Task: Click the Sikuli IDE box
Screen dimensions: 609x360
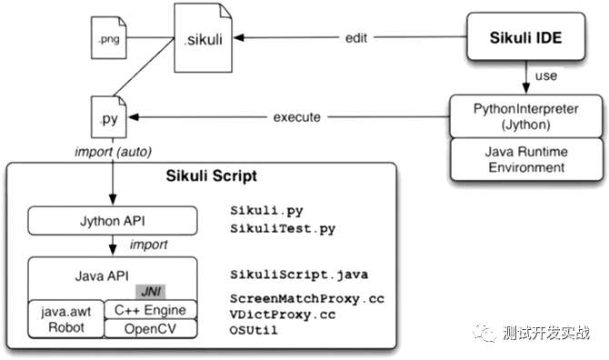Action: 526,36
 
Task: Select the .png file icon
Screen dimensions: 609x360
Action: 109,37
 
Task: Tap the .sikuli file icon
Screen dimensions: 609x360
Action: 203,37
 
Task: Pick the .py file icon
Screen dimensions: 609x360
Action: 109,117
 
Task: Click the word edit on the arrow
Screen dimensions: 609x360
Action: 356,38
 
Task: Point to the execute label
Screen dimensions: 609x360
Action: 297,117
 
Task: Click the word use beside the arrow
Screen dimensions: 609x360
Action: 546,76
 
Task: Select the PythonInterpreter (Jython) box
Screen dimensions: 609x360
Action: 526,116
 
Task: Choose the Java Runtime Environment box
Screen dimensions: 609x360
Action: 526,159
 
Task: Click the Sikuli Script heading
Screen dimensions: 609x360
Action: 211,176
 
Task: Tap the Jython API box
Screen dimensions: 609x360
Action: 113,221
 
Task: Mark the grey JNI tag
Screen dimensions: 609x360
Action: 150,292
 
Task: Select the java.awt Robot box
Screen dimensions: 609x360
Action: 66,319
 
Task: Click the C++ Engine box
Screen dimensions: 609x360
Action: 150,310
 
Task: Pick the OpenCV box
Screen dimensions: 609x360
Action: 150,329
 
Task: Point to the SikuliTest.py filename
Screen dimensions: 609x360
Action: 283,228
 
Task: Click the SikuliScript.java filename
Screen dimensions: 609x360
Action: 299,275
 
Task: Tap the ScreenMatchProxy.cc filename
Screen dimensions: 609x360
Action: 307,299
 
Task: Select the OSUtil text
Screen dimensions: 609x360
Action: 254,330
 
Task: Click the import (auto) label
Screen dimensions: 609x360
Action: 113,152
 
